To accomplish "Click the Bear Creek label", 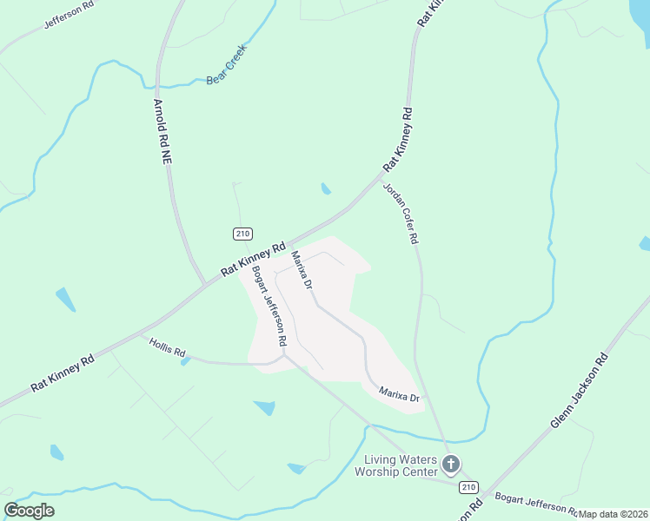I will (x=226, y=64).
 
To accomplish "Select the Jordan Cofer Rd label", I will (x=401, y=214).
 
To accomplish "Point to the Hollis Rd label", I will (x=168, y=347).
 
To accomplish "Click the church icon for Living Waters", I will (x=450, y=465).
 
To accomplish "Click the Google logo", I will (x=29, y=511).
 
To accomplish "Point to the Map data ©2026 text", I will (x=613, y=513).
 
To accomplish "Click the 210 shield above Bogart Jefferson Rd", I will (x=242, y=234).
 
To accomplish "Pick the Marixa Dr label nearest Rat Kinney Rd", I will (x=302, y=270).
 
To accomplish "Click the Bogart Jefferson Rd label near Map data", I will (x=535, y=503).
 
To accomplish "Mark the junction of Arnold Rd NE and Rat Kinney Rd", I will (x=205, y=283).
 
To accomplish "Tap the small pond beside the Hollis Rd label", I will (x=186, y=361).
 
